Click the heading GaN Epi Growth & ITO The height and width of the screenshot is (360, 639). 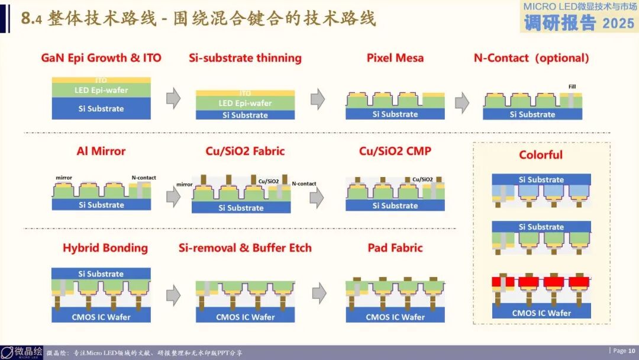(101, 58)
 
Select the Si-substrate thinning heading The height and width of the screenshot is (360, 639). (245, 58)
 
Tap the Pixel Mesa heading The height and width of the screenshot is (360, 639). (395, 58)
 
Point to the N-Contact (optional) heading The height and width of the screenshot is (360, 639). (531, 58)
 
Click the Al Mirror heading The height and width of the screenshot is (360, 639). (101, 151)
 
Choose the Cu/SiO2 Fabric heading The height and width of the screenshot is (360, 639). (245, 151)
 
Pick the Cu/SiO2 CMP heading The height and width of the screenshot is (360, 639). (395, 151)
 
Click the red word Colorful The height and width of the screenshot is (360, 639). (541, 155)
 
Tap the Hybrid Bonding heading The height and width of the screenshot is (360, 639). (105, 247)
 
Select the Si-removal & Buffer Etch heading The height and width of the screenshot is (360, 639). (245, 247)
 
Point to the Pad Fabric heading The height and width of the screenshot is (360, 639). (395, 247)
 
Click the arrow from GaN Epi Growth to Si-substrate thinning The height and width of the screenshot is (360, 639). (173, 98)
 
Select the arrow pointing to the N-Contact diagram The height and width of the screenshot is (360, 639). (461, 102)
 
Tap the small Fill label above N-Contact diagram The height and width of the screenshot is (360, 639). (572, 86)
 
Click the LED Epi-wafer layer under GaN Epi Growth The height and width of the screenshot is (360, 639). (101, 91)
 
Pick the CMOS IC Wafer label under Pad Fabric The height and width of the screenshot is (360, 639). (395, 317)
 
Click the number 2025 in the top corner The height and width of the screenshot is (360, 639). (618, 23)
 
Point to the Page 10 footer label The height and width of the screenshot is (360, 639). (624, 351)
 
